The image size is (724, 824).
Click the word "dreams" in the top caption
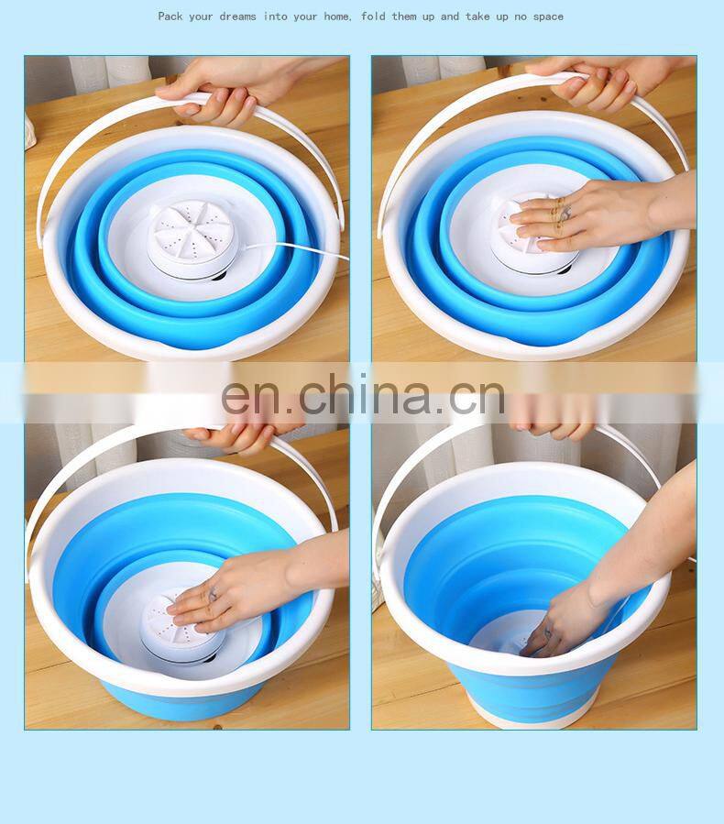(237, 16)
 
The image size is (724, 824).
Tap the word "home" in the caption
(337, 16)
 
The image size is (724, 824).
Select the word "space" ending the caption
(548, 17)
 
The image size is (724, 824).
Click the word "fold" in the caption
(373, 16)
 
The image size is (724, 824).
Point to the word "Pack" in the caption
(170, 16)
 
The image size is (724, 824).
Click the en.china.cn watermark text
(363, 395)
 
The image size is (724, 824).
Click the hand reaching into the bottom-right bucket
(599, 594)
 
